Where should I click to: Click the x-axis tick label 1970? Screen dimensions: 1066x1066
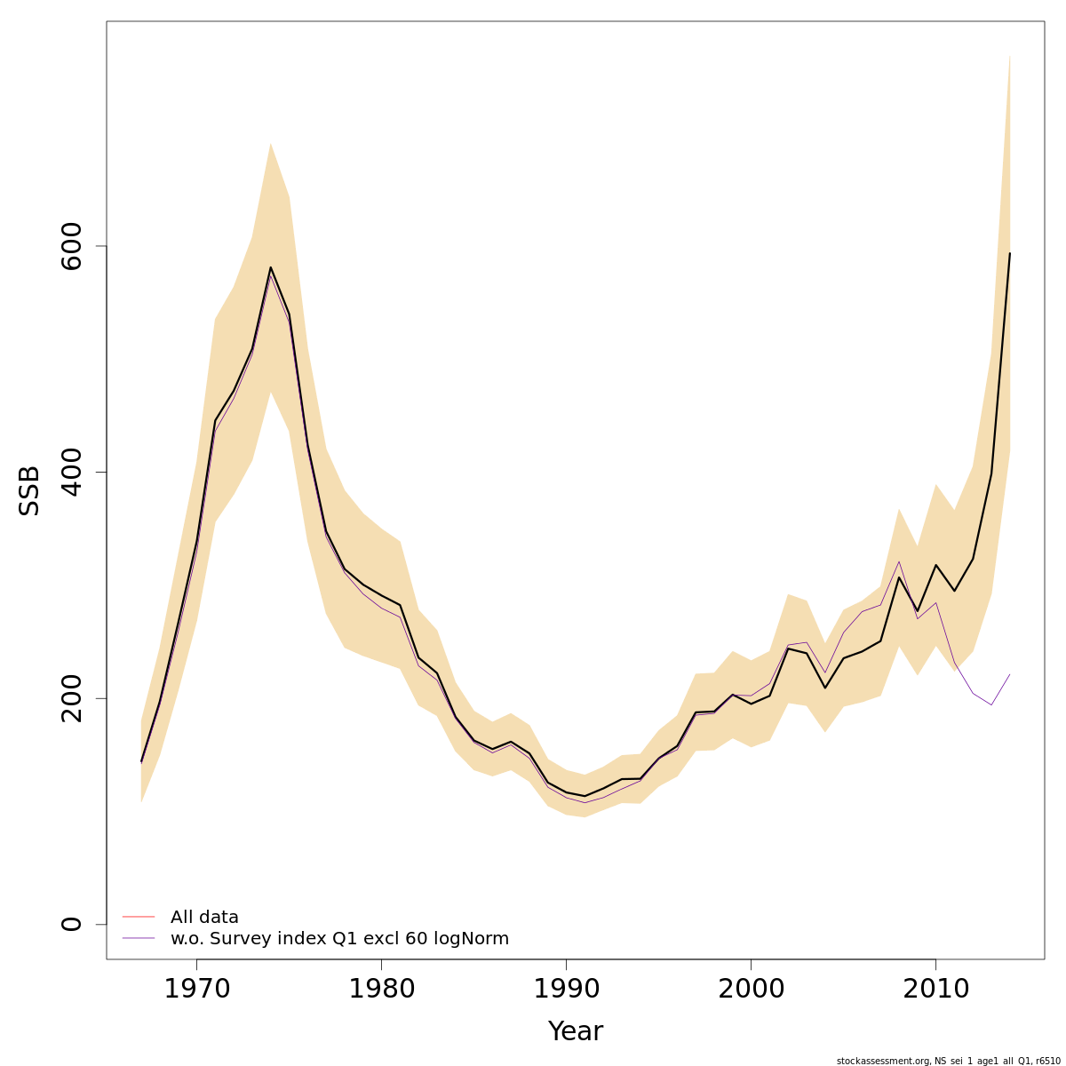(x=196, y=989)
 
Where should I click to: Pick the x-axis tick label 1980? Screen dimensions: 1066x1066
(x=381, y=989)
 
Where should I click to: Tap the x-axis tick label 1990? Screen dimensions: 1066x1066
(x=566, y=989)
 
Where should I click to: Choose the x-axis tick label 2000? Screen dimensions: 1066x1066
(x=751, y=989)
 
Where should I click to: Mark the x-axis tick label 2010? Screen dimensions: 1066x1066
(x=935, y=989)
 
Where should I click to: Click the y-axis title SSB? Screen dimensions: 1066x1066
(x=30, y=490)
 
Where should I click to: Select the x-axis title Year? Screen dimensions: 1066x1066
(x=575, y=1031)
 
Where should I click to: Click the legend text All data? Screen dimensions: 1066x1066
(x=204, y=917)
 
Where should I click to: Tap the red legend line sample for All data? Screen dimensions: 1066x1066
(x=139, y=917)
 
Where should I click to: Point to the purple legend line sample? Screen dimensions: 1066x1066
(x=139, y=939)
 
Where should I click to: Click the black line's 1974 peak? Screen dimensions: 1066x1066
(x=270, y=267)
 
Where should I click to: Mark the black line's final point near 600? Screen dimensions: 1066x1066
(x=1009, y=254)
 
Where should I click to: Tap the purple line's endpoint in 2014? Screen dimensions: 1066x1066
(x=1009, y=674)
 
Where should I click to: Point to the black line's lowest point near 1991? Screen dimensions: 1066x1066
(x=585, y=796)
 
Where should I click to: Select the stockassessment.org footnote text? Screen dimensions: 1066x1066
(x=948, y=1061)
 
